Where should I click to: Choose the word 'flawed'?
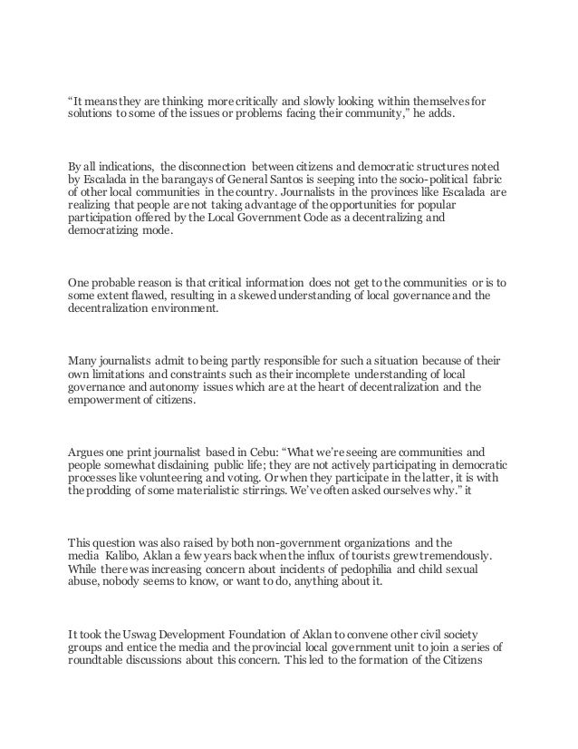149,296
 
